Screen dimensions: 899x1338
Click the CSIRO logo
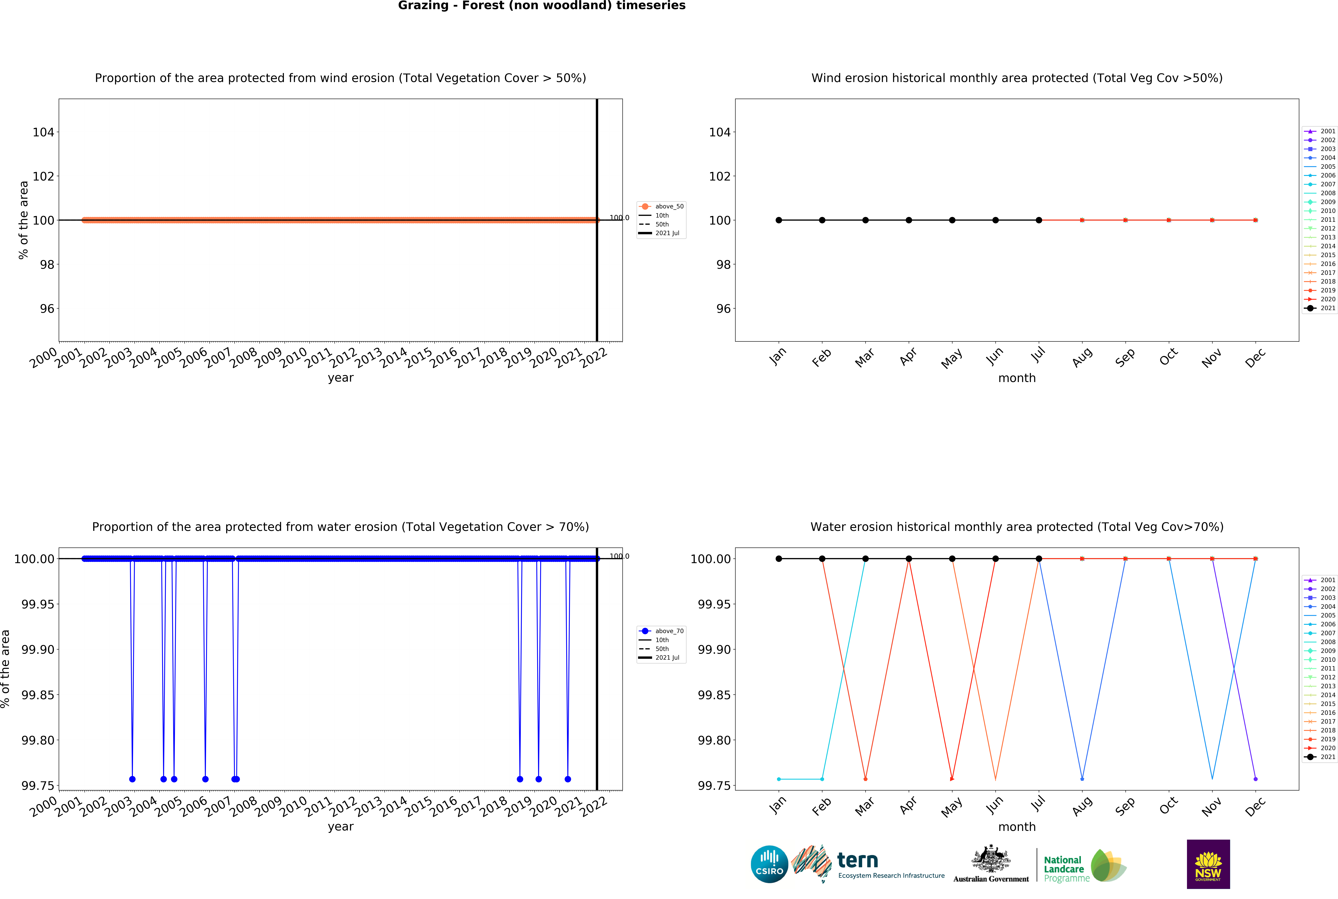pos(769,864)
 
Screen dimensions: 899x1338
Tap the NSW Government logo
pos(1208,864)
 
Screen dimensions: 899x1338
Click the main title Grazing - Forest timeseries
pos(541,6)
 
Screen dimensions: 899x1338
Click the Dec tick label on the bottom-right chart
pos(1255,806)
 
